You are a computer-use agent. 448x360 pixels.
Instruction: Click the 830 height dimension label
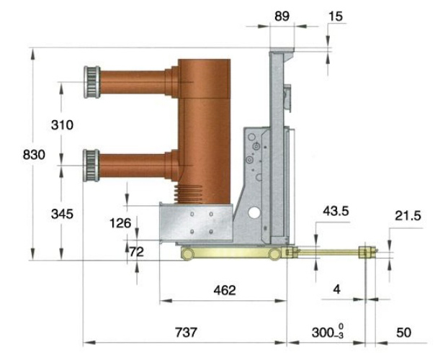(34, 155)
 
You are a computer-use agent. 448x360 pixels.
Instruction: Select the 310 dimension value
(62, 125)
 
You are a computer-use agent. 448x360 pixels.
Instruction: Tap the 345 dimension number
(62, 214)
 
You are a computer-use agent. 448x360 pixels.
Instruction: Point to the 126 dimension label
(120, 223)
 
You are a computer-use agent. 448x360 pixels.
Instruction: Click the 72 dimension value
(137, 252)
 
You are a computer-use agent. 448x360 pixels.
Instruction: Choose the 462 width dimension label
(225, 290)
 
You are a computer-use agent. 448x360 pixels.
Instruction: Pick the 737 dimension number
(186, 333)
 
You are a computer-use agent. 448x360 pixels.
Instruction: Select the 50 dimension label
(404, 333)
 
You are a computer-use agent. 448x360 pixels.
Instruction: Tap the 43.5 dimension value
(336, 211)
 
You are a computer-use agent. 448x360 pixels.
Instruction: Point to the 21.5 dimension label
(408, 216)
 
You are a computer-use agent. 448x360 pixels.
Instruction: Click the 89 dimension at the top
(282, 17)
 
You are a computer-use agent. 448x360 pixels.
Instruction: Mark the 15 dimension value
(336, 17)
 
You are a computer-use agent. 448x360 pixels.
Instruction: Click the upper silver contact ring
(92, 82)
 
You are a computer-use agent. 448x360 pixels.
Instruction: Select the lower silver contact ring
(91, 166)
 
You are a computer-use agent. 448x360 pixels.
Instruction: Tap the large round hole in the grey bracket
(254, 212)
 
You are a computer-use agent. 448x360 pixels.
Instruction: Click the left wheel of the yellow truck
(188, 254)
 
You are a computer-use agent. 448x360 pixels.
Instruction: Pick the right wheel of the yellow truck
(274, 254)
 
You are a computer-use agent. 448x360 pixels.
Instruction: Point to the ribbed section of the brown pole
(188, 194)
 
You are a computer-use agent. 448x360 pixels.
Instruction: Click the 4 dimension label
(337, 289)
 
